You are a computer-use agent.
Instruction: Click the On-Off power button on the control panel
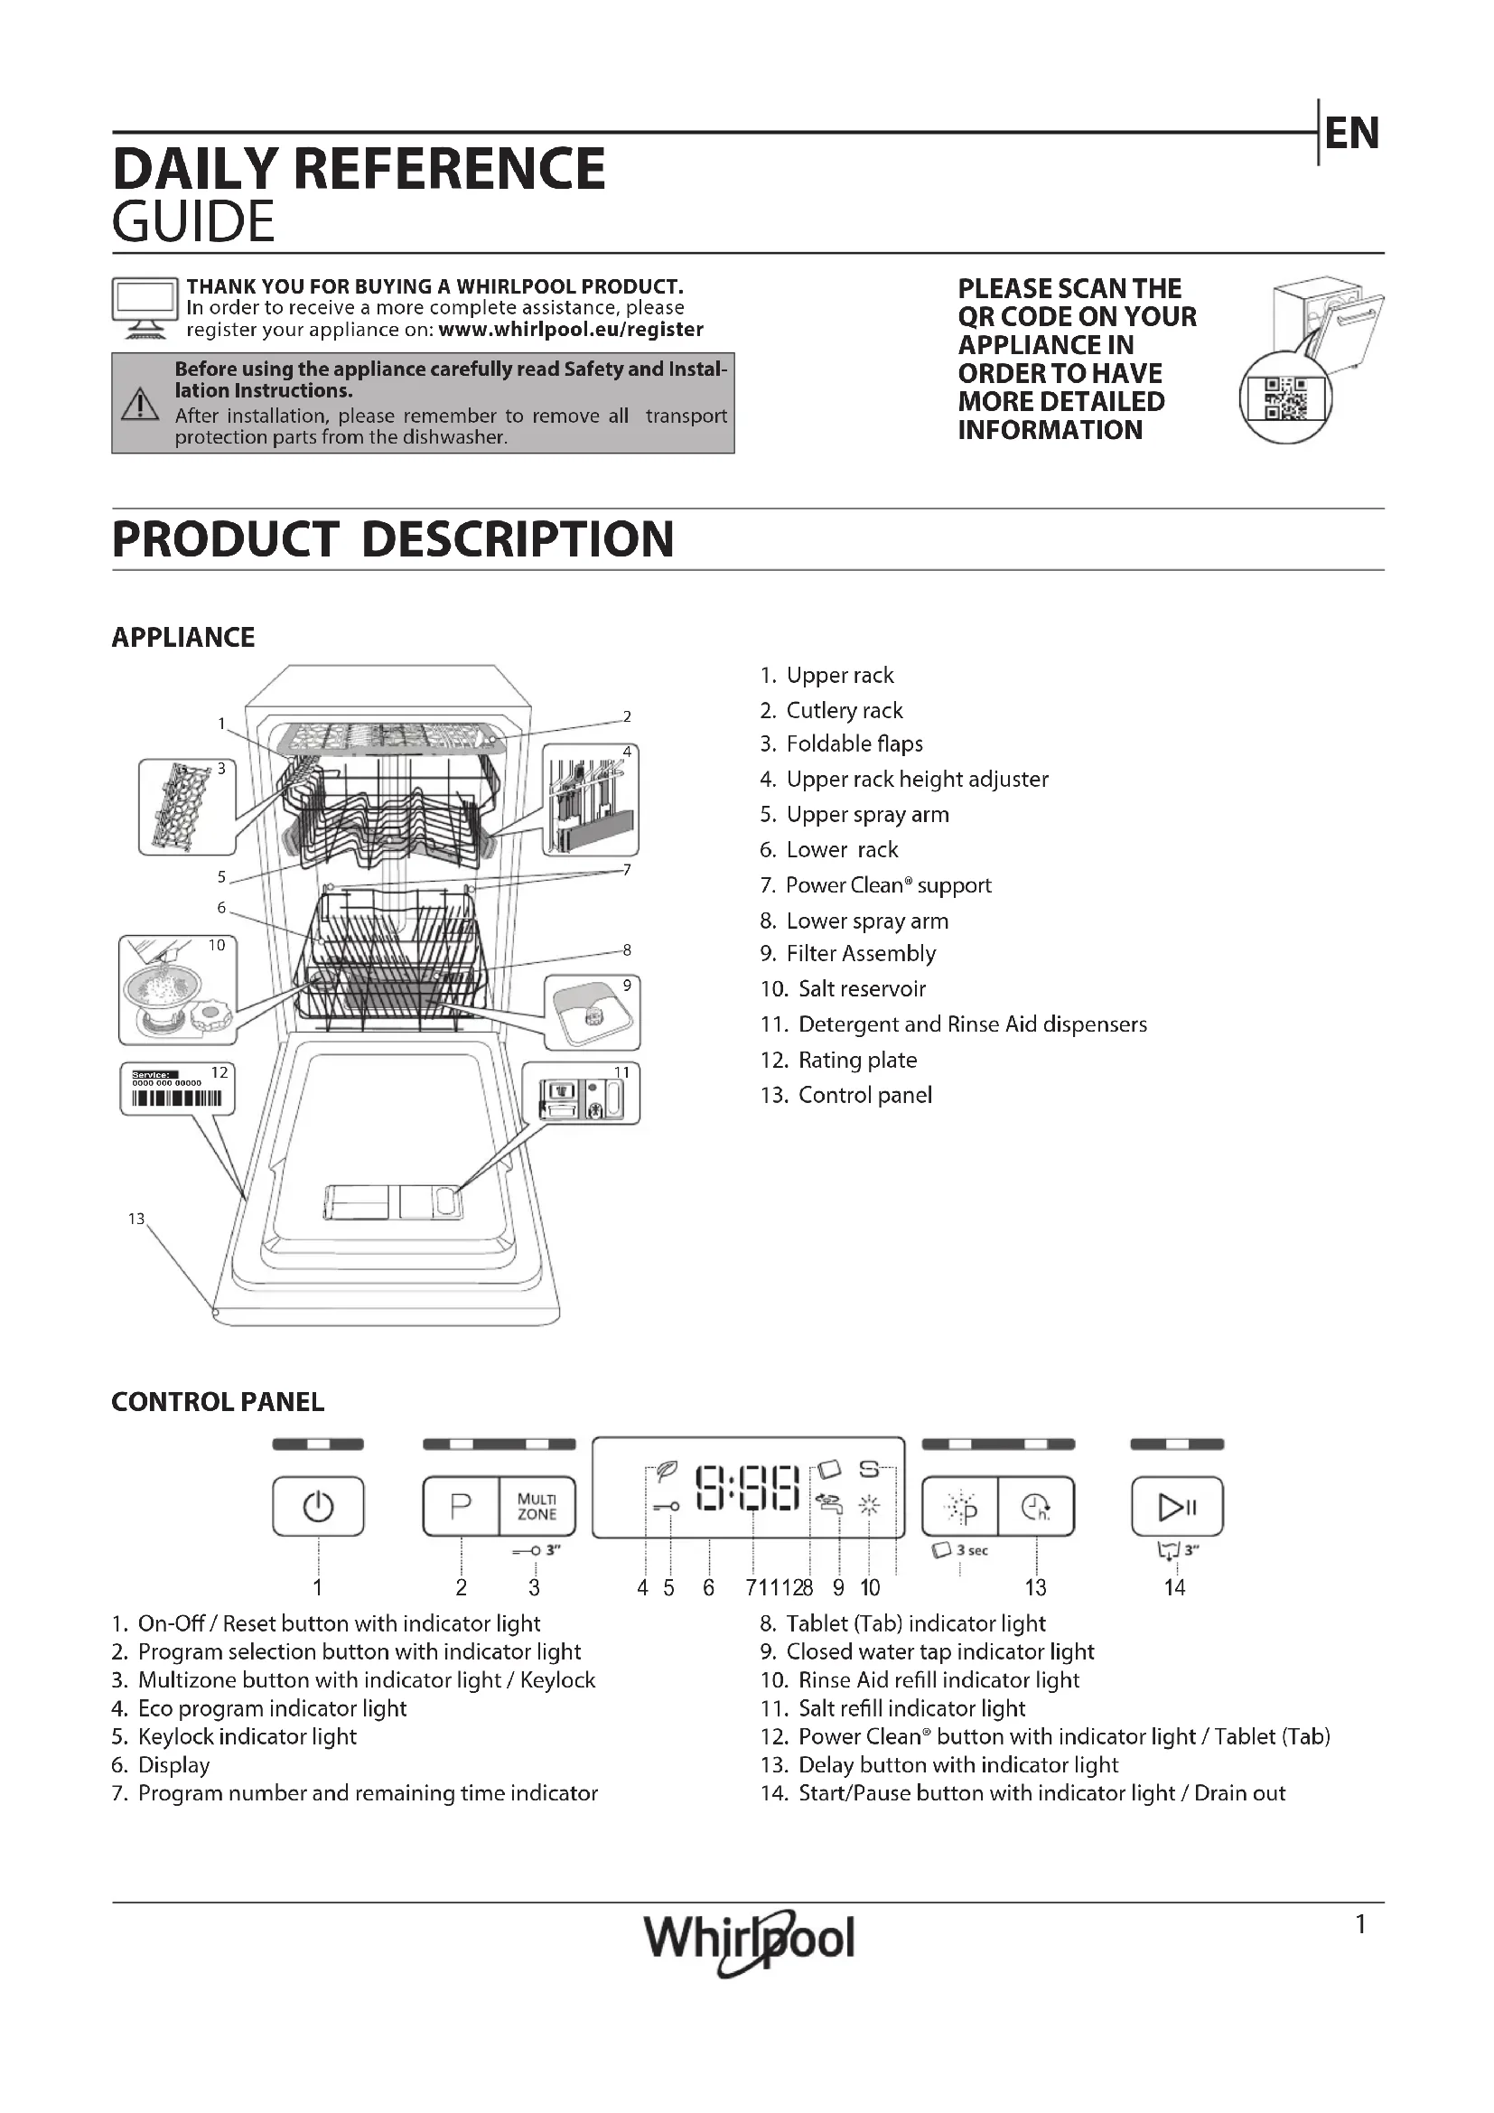pos(318,1507)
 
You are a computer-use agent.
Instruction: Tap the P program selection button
pos(461,1507)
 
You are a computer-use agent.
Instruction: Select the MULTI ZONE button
pos(537,1507)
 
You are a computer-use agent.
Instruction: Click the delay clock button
pos(1036,1507)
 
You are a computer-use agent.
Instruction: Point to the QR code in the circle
pos(1285,398)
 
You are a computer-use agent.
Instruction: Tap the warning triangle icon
pos(141,404)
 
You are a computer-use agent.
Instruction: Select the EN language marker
pos(1351,134)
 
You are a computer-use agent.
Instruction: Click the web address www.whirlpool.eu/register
pos(570,330)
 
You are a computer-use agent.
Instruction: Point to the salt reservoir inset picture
pos(178,989)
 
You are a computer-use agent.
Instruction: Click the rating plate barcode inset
pos(178,1089)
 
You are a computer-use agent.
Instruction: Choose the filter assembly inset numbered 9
pos(592,1013)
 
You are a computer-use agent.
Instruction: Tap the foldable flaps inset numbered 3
pos(187,807)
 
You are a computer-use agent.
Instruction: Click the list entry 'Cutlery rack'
pos(844,710)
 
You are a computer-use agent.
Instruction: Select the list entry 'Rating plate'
pos(856,1061)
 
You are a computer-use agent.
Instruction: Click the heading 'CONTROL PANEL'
pos(218,1402)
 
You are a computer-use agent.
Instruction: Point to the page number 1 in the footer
pos(1360,1924)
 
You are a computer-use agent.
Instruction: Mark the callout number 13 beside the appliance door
pos(136,1220)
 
